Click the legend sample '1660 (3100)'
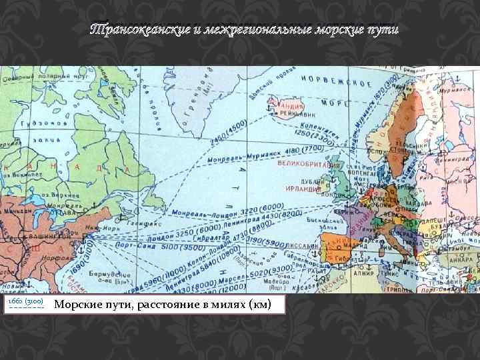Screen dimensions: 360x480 click(x=24, y=303)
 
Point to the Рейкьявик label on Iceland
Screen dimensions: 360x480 click(x=290, y=113)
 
